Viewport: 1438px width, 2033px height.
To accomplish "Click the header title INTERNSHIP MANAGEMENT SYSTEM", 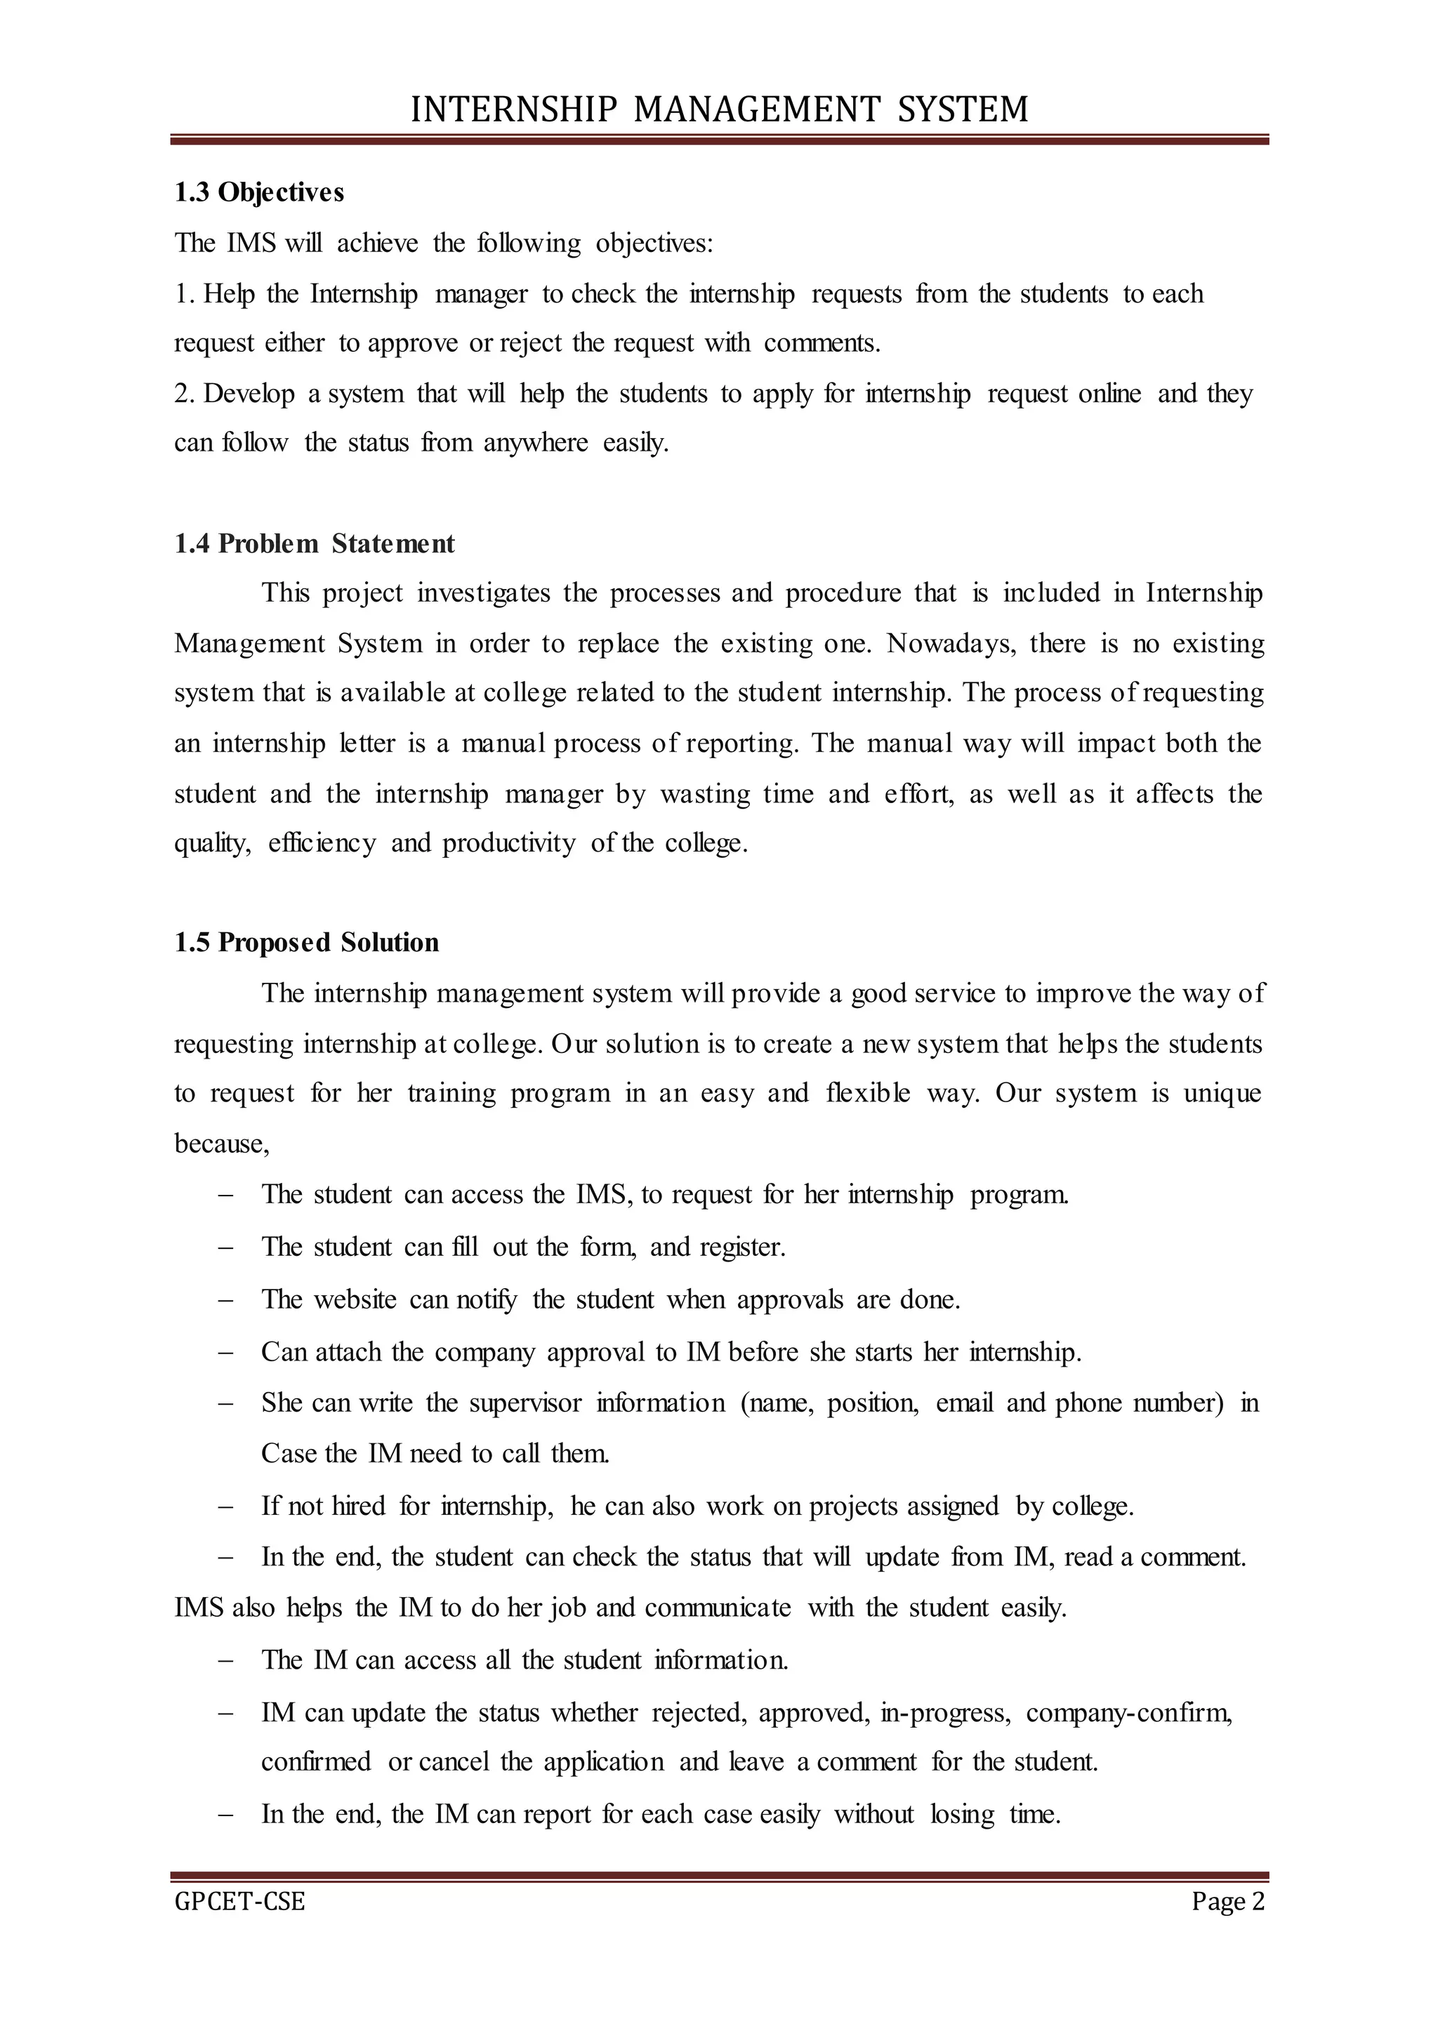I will tap(719, 109).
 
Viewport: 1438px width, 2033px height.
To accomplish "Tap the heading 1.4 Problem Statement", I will tap(315, 543).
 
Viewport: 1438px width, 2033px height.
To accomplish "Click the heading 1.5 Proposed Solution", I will tap(306, 942).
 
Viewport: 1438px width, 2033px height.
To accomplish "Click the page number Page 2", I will tap(1227, 1901).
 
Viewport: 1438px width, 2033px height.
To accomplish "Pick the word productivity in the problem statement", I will tap(508, 843).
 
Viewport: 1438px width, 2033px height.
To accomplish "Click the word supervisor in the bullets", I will tap(525, 1403).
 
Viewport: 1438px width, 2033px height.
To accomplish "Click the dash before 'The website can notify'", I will tap(225, 1300).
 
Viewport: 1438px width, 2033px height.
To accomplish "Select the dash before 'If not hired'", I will tap(225, 1506).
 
